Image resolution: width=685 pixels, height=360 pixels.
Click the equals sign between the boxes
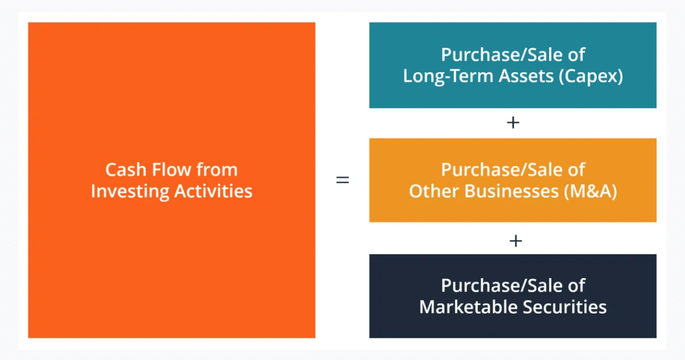(x=343, y=179)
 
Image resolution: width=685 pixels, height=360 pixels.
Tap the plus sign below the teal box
(x=513, y=123)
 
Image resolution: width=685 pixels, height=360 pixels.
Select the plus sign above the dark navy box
(x=515, y=241)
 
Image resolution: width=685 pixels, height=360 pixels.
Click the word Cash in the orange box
(x=126, y=170)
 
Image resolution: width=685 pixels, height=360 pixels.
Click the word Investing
(x=130, y=192)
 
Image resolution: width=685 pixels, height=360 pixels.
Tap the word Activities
(x=213, y=191)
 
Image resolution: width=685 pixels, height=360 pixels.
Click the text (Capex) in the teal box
(x=591, y=76)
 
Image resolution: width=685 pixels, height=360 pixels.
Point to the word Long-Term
(x=447, y=76)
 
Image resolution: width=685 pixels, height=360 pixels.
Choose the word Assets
(x=526, y=76)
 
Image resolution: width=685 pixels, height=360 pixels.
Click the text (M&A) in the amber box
(x=590, y=191)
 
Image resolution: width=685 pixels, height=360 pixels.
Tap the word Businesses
(x=511, y=191)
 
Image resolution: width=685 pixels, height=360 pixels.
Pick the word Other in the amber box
(x=434, y=191)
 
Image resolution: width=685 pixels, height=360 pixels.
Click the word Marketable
(x=468, y=307)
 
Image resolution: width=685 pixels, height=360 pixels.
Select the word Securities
(x=565, y=307)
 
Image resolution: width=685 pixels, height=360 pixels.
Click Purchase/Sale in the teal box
(x=502, y=55)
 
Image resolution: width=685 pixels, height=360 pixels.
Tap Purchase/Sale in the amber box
(x=502, y=170)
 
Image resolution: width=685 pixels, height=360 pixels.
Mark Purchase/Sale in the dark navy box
(x=502, y=286)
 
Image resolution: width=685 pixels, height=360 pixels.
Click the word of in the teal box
(x=576, y=54)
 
